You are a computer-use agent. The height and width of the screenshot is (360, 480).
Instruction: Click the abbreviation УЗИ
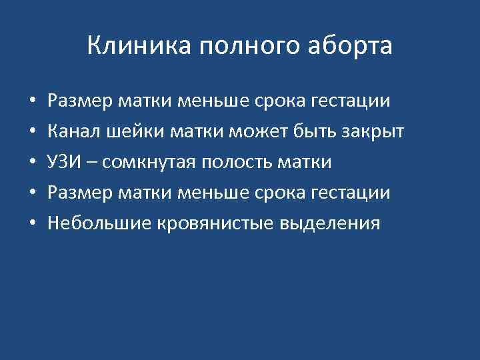click(63, 162)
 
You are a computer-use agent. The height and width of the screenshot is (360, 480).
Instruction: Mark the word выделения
click(329, 224)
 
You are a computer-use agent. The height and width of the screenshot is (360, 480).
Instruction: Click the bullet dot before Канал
click(33, 132)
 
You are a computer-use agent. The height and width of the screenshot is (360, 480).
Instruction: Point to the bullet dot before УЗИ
click(33, 163)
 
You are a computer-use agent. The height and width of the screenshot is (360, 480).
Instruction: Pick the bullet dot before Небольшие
click(33, 223)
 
